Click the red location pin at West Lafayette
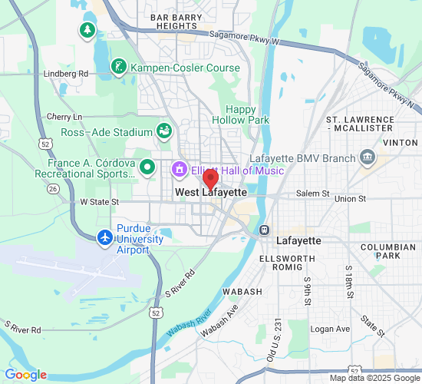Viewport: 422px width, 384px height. point(210,180)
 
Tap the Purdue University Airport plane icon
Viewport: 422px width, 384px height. point(105,238)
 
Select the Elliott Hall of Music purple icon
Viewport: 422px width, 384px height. point(179,168)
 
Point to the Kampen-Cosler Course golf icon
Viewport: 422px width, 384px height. point(118,68)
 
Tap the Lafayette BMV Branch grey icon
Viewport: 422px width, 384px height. point(368,158)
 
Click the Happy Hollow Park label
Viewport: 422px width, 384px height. point(241,114)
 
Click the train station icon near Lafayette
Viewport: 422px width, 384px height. point(263,229)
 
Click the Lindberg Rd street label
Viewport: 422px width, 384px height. point(67,74)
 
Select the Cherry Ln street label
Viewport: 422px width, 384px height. point(64,117)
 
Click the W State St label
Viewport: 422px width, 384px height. point(99,201)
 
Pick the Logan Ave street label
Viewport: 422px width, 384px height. point(330,329)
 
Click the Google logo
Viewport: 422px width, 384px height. point(25,375)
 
